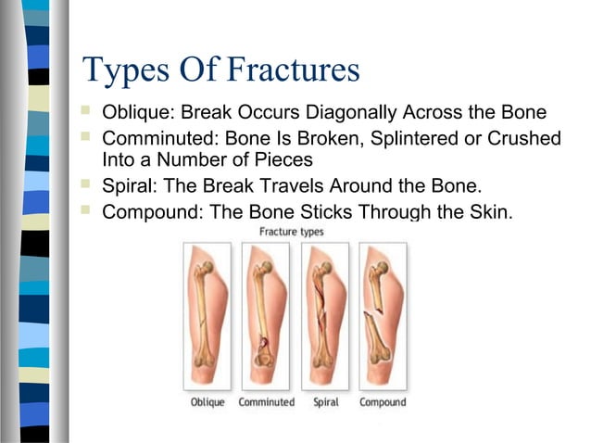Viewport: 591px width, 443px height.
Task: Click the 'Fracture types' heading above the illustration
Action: [x=292, y=231]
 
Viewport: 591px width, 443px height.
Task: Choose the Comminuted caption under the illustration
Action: [x=266, y=402]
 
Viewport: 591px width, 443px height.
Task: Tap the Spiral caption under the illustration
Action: [x=326, y=402]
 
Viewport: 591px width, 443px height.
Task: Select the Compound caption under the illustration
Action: [x=383, y=402]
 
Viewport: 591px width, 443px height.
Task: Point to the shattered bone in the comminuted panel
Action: [x=264, y=315]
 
